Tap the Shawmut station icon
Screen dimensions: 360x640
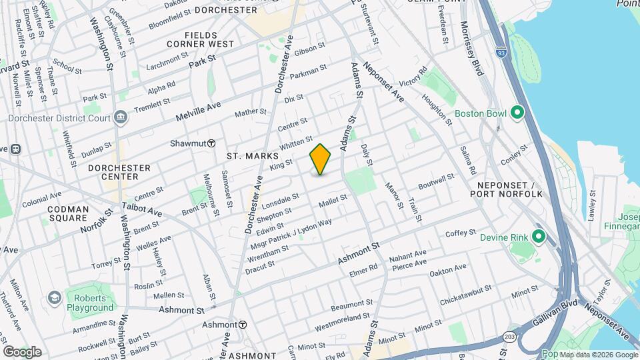[211, 143]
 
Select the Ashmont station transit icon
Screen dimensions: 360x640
[243, 325]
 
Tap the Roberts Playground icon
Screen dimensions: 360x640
[55, 297]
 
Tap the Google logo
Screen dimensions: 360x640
[22, 351]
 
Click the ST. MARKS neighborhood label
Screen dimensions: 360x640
[247, 156]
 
